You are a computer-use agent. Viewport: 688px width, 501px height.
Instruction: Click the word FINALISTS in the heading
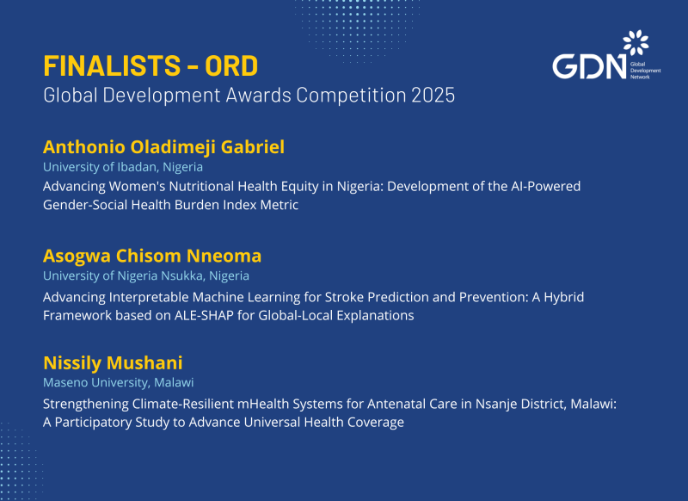click(x=112, y=66)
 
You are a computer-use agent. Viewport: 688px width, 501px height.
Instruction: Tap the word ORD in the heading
click(x=231, y=66)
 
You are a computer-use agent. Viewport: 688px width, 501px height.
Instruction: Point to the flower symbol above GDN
click(x=636, y=42)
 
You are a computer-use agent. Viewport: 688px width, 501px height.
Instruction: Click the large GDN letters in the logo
click(x=589, y=67)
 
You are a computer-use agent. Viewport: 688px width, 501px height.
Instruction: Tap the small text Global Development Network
click(x=646, y=71)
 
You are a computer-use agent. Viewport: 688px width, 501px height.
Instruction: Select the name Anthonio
click(x=84, y=147)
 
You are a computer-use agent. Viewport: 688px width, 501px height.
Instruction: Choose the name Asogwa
click(x=77, y=257)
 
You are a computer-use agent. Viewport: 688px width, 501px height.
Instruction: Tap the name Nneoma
click(x=224, y=256)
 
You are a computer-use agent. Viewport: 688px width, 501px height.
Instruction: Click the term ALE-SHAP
click(x=204, y=316)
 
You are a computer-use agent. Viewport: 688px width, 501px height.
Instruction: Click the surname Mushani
click(x=144, y=363)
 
